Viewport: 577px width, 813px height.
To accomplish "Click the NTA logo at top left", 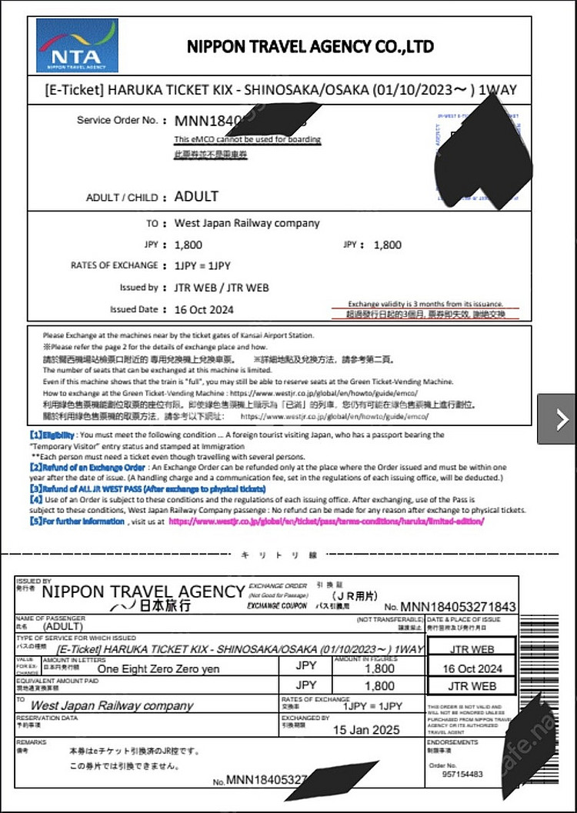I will [x=77, y=46].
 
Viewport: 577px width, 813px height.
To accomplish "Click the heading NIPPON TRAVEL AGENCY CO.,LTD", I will [x=309, y=45].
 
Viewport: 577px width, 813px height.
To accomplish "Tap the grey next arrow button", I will [x=561, y=419].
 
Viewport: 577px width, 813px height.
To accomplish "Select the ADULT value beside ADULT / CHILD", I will [x=196, y=196].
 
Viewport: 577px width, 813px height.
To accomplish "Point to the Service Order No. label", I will [x=117, y=120].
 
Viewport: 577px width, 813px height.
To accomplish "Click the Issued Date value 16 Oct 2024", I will [x=205, y=310].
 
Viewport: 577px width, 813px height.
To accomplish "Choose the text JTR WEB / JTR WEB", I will [x=222, y=288].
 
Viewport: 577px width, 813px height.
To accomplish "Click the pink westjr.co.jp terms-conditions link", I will [x=326, y=521].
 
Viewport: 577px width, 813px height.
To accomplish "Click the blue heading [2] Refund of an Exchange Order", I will [x=87, y=467].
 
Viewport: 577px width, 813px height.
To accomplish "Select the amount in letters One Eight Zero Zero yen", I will [x=158, y=668].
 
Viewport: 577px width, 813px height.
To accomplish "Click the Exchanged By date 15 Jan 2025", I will [x=366, y=729].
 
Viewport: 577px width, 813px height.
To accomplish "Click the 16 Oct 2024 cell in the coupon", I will [x=472, y=668].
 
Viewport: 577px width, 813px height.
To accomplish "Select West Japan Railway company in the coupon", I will [x=112, y=705].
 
